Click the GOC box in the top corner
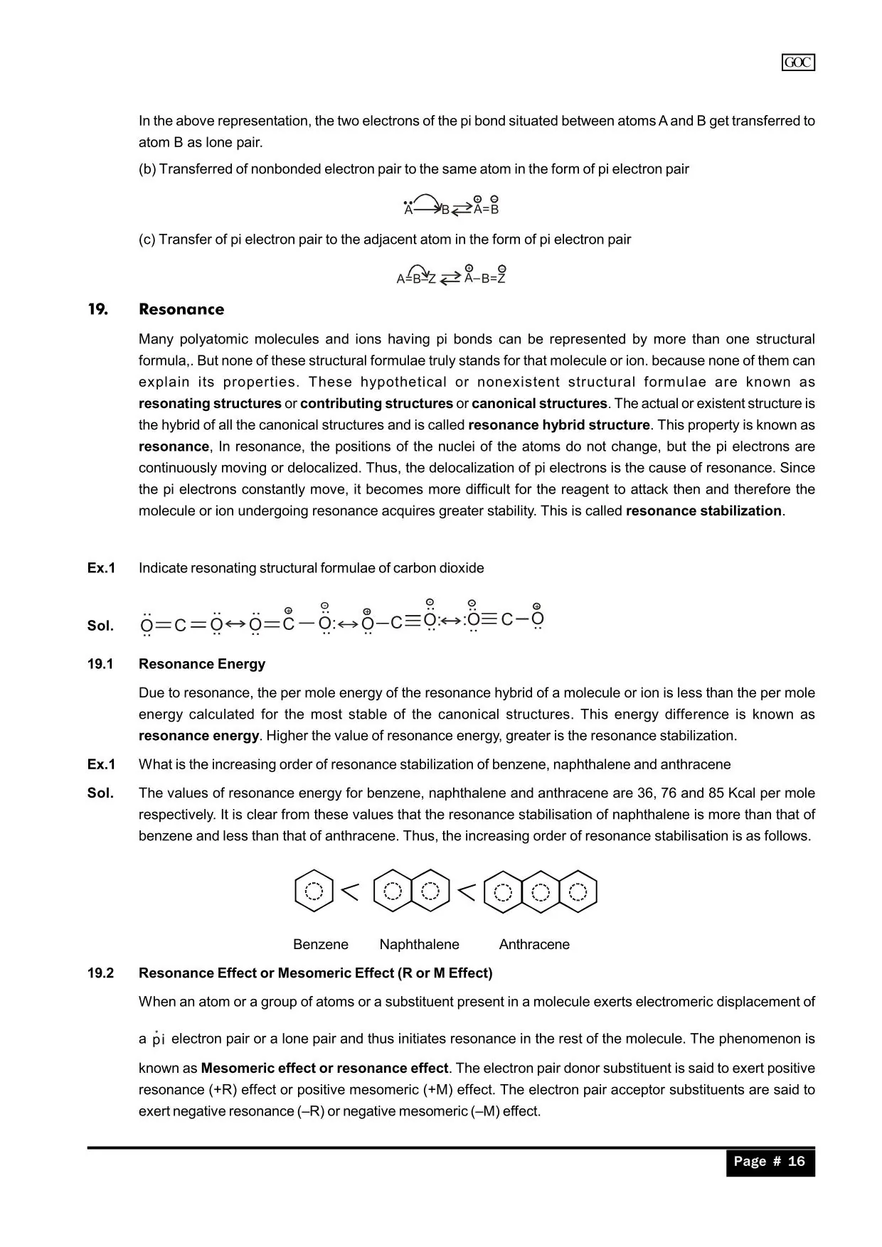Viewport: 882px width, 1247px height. (798, 63)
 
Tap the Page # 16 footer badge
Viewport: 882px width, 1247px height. (770, 1162)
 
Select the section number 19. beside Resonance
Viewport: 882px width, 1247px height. (98, 309)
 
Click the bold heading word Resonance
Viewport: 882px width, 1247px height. (181, 309)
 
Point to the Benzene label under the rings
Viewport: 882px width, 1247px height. (321, 944)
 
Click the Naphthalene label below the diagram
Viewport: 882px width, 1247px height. (419, 944)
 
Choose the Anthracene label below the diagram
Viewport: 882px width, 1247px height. (534, 944)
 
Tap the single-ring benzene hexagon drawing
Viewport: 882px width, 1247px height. (314, 891)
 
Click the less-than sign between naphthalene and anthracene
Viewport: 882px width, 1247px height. (466, 891)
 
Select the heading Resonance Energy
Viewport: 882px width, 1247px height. (202, 664)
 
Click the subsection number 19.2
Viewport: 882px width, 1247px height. (100, 973)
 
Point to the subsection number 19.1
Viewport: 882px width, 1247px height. (100, 664)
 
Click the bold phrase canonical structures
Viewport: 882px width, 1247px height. (539, 403)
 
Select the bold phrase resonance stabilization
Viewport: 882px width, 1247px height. (703, 510)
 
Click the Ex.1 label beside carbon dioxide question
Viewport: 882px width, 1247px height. (101, 568)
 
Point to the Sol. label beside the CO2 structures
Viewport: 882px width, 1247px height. (100, 626)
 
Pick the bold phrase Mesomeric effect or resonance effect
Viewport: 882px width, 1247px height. (324, 1068)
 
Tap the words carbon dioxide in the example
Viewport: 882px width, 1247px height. (438, 568)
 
